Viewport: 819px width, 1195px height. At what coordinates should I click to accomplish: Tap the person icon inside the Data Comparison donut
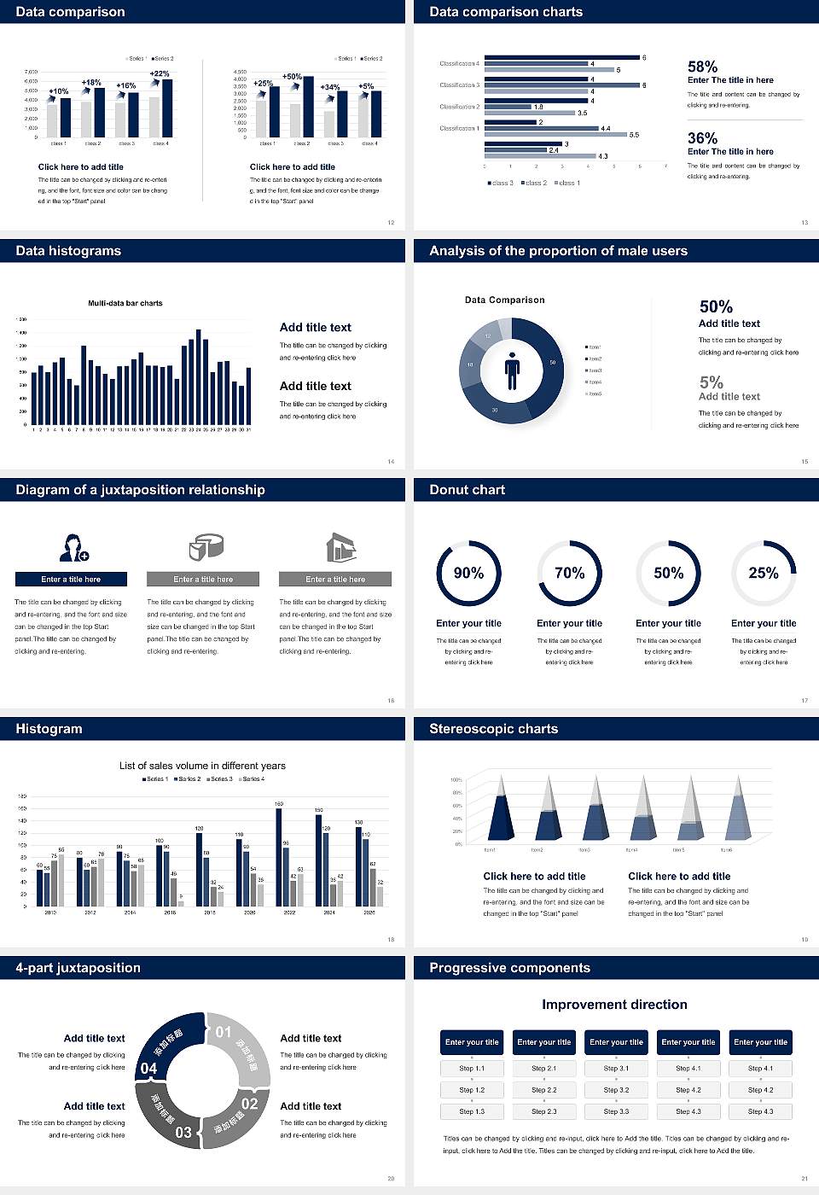coord(512,370)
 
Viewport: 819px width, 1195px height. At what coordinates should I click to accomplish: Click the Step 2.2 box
coord(544,1090)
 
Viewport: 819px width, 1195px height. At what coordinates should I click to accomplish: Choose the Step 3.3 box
coord(616,1111)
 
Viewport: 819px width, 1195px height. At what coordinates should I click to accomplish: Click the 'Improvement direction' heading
coord(614,1005)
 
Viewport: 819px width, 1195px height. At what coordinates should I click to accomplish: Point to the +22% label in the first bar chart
coord(160,73)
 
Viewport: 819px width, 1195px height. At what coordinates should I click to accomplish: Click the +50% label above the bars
coord(292,76)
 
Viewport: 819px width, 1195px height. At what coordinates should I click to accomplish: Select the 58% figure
coord(702,67)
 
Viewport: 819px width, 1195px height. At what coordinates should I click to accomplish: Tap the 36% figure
coord(702,138)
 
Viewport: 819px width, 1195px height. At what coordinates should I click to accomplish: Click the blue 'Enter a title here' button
coord(72,580)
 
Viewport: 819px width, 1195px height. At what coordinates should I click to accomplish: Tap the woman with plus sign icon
coord(73,547)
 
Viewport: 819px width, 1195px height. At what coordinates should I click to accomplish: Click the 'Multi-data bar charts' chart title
coord(125,303)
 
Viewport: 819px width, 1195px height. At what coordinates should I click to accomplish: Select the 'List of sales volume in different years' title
coord(202,766)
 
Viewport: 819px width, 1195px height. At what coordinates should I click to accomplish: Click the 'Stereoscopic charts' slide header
coord(493,729)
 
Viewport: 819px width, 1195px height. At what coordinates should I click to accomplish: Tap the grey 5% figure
coord(711,382)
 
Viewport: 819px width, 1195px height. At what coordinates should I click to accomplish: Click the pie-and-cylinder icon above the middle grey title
coord(205,546)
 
